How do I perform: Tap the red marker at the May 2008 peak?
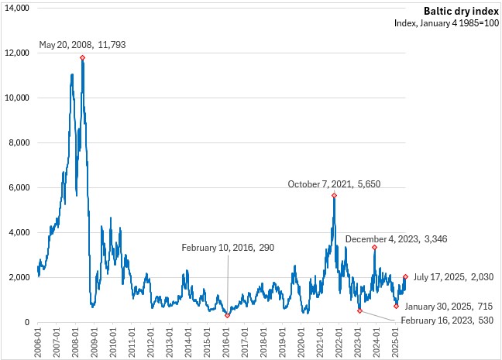pos(82,58)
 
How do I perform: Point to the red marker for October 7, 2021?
pos(334,195)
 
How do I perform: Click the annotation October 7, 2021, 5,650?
pos(334,184)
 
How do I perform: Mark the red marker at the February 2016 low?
pos(227,315)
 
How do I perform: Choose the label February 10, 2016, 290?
pos(228,248)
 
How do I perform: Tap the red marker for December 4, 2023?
pos(374,247)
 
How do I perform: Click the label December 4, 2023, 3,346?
pos(407,239)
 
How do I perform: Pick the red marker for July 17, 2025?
pos(405,276)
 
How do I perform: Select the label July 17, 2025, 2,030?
pos(453,277)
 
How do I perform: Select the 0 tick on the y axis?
pos(26,322)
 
